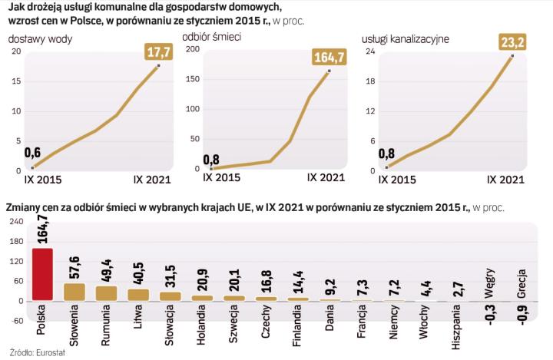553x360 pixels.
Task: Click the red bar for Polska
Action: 42,274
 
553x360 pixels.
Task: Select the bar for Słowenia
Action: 75,292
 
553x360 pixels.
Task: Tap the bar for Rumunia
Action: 106,293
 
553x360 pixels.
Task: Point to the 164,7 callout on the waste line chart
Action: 329,57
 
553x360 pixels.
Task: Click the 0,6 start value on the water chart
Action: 32,152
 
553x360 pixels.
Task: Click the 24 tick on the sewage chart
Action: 369,51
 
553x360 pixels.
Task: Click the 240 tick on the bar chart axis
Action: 14,222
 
